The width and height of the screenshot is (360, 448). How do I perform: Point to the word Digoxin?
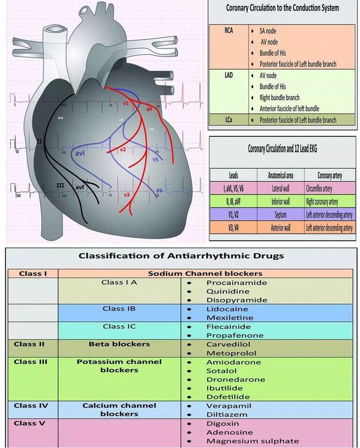[x=222, y=424]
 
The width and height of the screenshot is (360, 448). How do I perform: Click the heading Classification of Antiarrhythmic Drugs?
[x=181, y=256]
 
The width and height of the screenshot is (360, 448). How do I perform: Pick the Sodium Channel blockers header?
[x=205, y=273]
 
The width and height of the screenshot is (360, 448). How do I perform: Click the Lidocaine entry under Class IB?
[x=224, y=309]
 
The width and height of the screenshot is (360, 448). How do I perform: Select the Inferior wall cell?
[x=281, y=201]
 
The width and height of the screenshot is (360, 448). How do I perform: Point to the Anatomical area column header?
[x=281, y=175]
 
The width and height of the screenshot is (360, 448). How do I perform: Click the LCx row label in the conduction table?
[x=229, y=120]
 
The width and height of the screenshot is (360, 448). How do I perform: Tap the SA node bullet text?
[x=271, y=31]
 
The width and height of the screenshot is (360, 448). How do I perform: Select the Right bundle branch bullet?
[x=279, y=97]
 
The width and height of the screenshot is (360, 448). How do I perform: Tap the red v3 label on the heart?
[x=127, y=195]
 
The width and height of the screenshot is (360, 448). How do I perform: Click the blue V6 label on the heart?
[x=159, y=190]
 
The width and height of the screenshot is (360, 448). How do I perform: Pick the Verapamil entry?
[x=224, y=406]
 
